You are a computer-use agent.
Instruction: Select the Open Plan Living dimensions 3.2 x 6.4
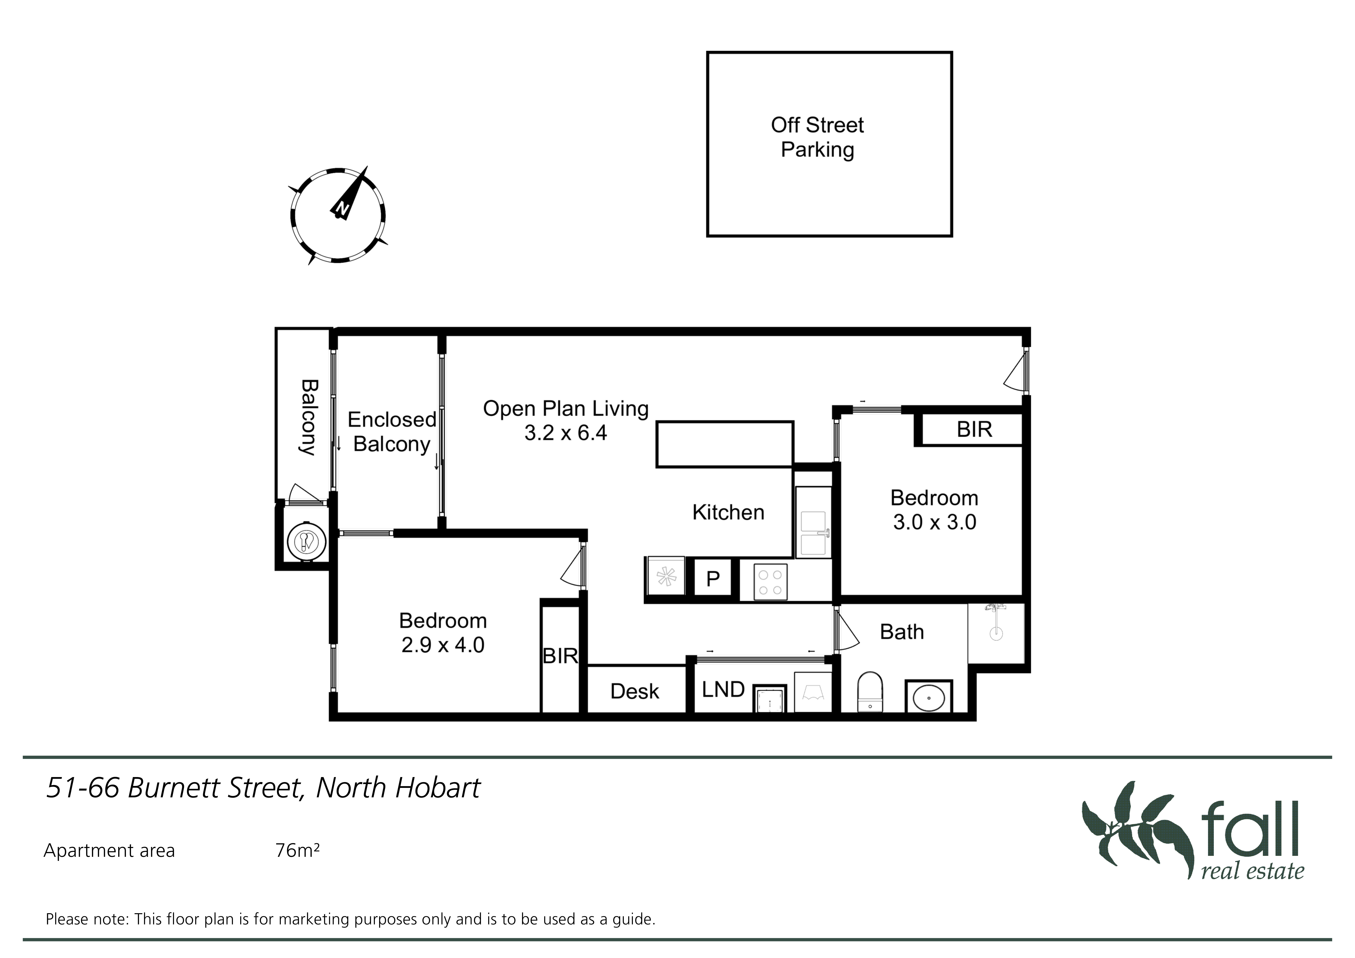[x=565, y=433]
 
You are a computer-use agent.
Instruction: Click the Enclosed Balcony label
[x=392, y=431]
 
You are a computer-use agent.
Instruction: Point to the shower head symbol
[x=996, y=623]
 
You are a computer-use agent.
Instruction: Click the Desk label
[x=634, y=691]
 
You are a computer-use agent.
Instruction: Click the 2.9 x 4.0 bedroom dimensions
[x=443, y=645]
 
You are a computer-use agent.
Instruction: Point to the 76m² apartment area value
[x=297, y=851]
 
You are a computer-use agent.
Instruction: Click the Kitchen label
[x=728, y=512]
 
